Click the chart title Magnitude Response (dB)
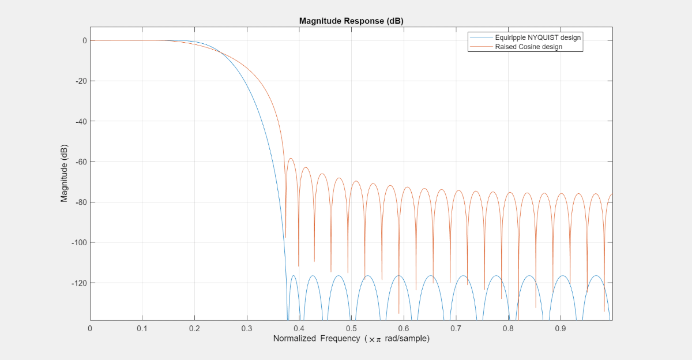tap(351, 21)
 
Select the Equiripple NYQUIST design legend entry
tap(537, 37)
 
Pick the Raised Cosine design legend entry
tap(528, 47)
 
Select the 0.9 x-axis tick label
tap(560, 328)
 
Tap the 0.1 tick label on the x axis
tap(142, 328)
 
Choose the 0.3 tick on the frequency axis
tap(247, 328)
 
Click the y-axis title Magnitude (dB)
tap(64, 173)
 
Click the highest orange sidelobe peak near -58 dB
tap(291, 158)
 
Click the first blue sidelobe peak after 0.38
tap(294, 276)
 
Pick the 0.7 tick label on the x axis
tap(456, 328)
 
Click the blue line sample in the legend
tap(481, 37)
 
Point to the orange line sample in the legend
tap(481, 47)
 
